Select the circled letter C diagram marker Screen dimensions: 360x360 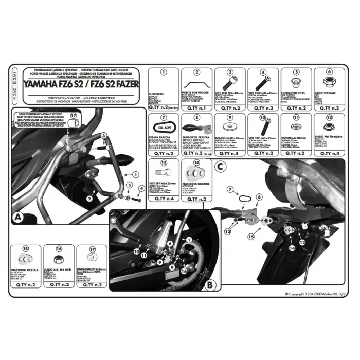(220, 167)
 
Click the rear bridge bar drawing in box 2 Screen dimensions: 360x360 (196, 82)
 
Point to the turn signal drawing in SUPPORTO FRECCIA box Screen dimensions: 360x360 (193, 127)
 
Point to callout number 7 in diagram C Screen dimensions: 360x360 (230, 189)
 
